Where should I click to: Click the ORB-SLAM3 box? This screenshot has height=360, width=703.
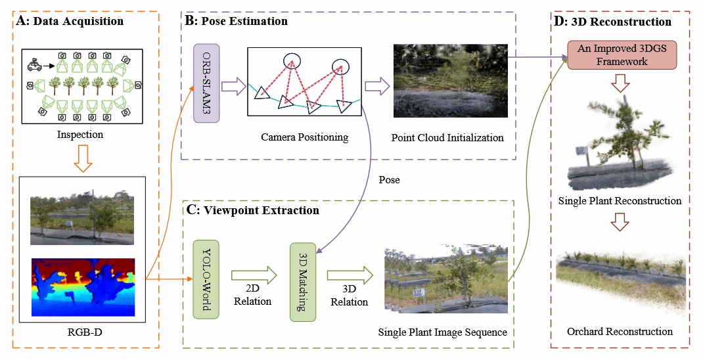[x=206, y=83]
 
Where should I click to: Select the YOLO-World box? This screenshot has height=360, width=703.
[x=206, y=280]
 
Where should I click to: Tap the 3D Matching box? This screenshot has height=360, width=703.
[x=303, y=282]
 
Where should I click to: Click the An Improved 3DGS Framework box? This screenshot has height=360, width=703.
[x=612, y=55]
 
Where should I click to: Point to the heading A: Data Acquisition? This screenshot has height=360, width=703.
[x=70, y=21]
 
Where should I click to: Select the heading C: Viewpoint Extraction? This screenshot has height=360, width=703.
[x=253, y=210]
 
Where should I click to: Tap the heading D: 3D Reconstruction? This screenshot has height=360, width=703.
[x=613, y=22]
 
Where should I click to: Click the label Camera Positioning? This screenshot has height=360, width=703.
[x=304, y=137]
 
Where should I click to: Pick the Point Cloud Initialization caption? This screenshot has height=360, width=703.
[x=447, y=138]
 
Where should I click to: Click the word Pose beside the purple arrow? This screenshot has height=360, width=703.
[x=390, y=179]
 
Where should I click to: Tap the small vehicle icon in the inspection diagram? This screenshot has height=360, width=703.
[x=35, y=65]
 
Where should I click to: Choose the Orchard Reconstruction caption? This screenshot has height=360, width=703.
[x=620, y=331]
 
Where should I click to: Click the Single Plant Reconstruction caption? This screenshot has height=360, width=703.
[x=620, y=200]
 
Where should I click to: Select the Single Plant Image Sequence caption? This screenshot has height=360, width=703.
[x=443, y=332]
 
